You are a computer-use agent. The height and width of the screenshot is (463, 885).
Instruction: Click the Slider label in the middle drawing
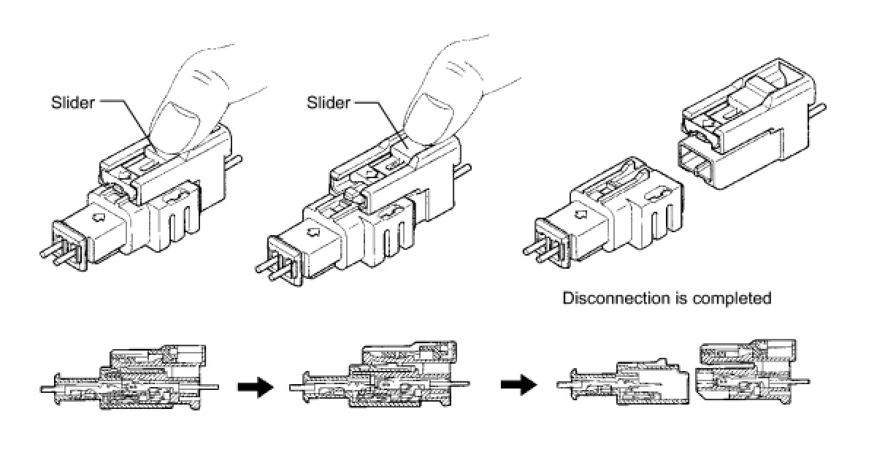coord(329,102)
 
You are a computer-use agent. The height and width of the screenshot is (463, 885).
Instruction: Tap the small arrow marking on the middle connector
coord(313,231)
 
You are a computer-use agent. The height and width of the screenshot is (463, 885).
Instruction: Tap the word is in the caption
coord(678,298)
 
